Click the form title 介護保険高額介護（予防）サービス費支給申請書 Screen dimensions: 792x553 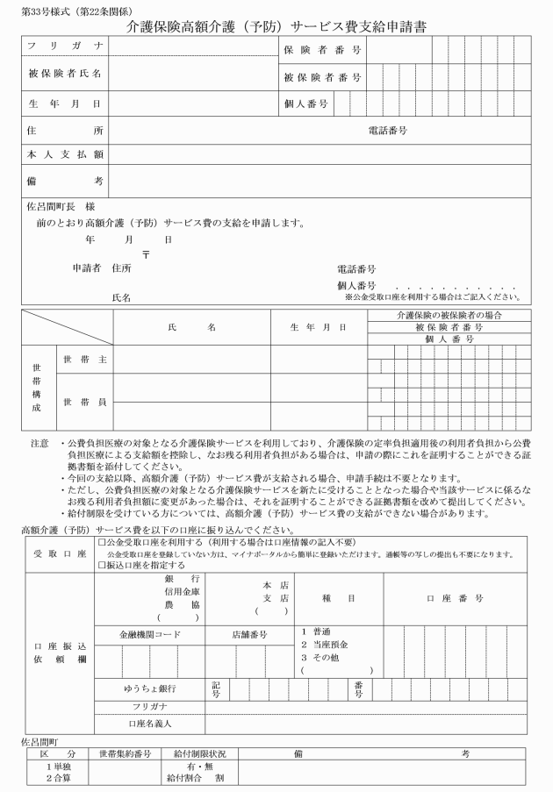pos(276,25)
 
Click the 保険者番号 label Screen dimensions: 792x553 pos(322,49)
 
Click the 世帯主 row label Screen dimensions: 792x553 pos(83,359)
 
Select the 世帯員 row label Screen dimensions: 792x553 pos(83,402)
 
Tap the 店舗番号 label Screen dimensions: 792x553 pos(249,633)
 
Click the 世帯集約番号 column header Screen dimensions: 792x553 pos(125,754)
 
